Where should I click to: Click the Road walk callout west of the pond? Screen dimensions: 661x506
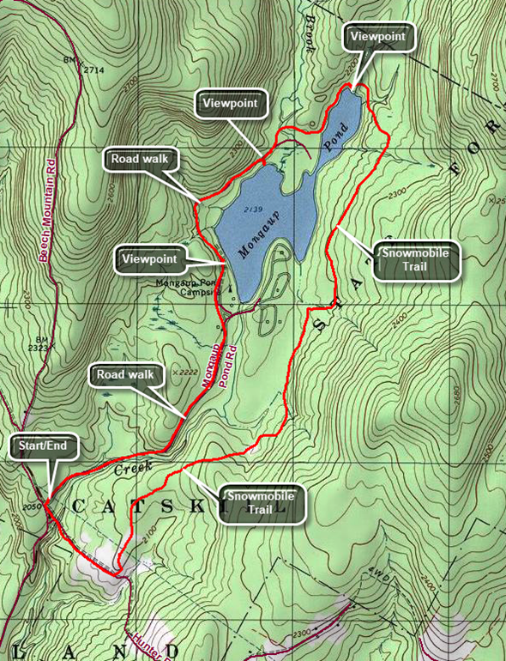[x=136, y=159]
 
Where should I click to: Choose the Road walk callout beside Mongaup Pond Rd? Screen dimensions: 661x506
[x=120, y=375]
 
